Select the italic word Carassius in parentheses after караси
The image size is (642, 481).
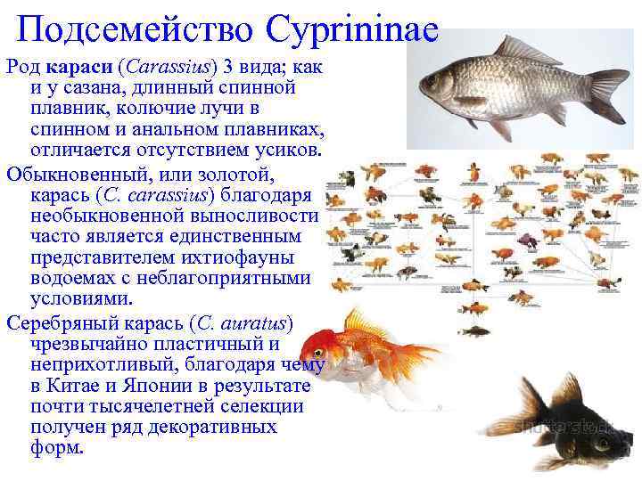point(163,68)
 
